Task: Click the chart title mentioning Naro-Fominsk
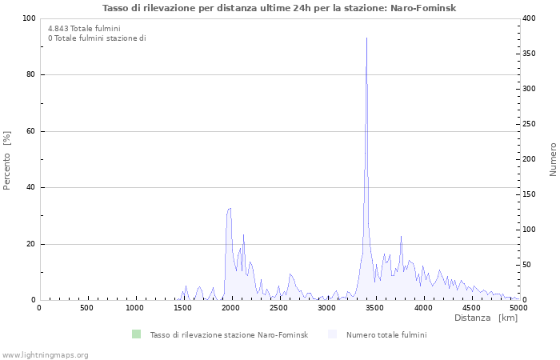[x=280, y=8]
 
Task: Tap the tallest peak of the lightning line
[x=366, y=38]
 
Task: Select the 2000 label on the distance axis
[x=231, y=308]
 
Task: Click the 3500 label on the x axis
[x=375, y=308]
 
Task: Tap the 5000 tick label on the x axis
[x=518, y=308]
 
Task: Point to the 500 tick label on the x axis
[x=86, y=308]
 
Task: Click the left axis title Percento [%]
[x=7, y=160]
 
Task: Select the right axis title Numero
[x=553, y=160]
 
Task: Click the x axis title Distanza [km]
[x=486, y=318]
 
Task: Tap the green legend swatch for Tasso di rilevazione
[x=136, y=334]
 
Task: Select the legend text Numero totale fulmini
[x=386, y=334]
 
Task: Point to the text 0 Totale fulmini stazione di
[x=97, y=38]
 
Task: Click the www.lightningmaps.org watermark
[x=46, y=354]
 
